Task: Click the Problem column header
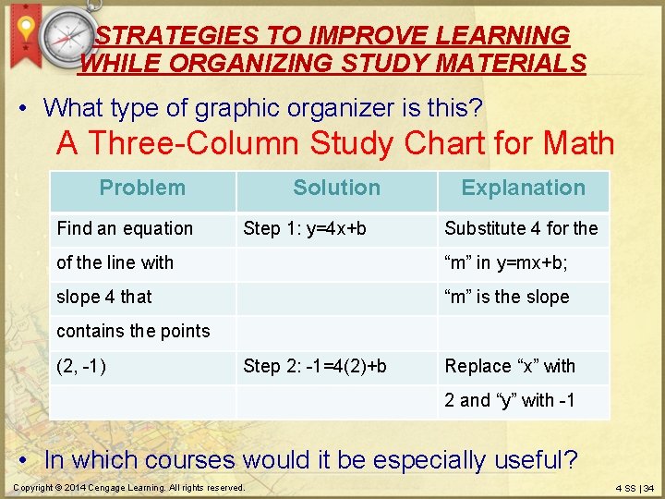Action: coord(142,189)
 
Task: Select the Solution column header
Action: coord(336,189)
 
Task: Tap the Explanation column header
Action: coord(523,189)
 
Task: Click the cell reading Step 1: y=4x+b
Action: coord(305,228)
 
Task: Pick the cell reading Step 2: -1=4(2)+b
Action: coord(315,366)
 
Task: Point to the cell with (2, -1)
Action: coord(81,366)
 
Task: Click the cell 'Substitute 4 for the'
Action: coord(521,228)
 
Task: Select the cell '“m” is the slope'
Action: coord(507,297)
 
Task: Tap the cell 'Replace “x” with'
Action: coord(510,366)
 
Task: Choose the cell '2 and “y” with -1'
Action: coord(510,400)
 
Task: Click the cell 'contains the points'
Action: coord(133,331)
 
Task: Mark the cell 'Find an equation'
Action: coord(125,228)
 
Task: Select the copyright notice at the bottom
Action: coord(129,487)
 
